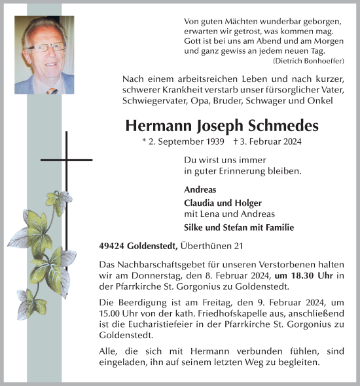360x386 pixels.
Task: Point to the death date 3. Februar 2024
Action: pyautogui.click(x=269, y=141)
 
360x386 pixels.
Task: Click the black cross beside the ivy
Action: pyautogui.click(x=66, y=159)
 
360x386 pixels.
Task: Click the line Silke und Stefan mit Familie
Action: pyautogui.click(x=239, y=227)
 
